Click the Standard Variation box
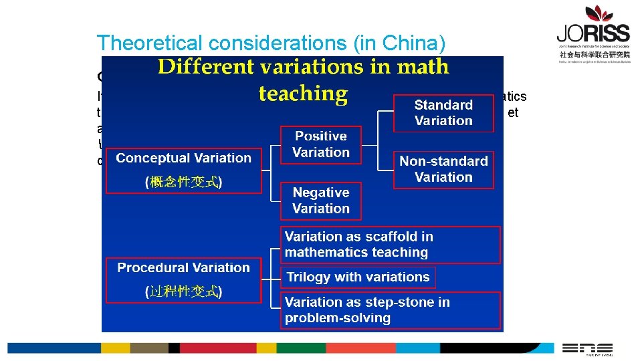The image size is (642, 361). coord(443,113)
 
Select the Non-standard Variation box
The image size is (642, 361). coord(443,169)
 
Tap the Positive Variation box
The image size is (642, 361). coord(320,144)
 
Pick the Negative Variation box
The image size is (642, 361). coord(320,201)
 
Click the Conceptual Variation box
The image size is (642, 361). coord(183,170)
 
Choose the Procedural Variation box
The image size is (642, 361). coord(183,279)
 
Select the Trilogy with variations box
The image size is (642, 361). coord(358,277)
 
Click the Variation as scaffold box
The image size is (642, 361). coord(390,245)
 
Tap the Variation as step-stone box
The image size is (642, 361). coord(390,310)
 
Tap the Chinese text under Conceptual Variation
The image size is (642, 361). coord(183,182)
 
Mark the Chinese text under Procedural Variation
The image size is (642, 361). coord(183,291)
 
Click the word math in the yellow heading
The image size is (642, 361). coord(422,67)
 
